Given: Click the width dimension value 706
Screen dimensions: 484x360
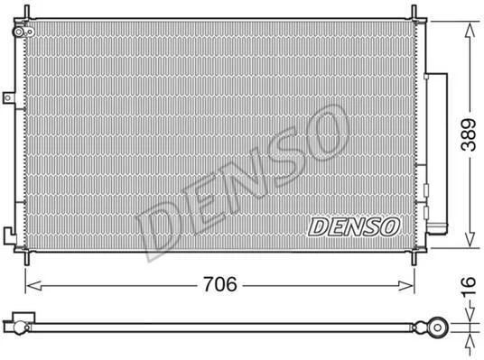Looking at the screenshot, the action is point(220,284).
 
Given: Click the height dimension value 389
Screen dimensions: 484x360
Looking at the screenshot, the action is point(469,134).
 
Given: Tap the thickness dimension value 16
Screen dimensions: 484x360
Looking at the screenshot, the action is point(469,286).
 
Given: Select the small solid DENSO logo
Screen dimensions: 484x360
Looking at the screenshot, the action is point(354,226).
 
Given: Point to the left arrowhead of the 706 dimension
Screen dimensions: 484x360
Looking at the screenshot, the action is point(34,286).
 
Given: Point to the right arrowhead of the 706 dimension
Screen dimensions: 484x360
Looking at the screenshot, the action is point(405,286).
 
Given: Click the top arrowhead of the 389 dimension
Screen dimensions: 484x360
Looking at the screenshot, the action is point(470,30).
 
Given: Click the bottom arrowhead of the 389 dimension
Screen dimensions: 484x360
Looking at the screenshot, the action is point(470,239).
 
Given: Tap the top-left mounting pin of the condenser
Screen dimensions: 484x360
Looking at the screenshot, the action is point(26,12).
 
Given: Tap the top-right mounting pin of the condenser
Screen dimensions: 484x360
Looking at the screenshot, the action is point(414,12).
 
